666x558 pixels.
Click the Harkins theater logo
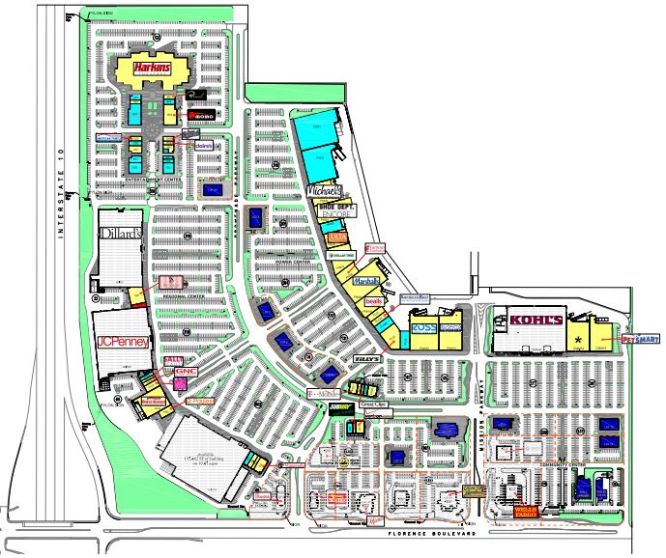tap(152, 68)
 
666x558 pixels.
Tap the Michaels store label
tap(325, 191)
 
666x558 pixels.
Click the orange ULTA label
tap(337, 237)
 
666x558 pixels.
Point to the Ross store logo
tap(425, 329)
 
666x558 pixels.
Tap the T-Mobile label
tap(325, 394)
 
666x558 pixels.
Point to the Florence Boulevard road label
tap(428, 534)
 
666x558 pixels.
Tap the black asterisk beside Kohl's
tap(579, 341)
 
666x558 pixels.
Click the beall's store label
tap(374, 302)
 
